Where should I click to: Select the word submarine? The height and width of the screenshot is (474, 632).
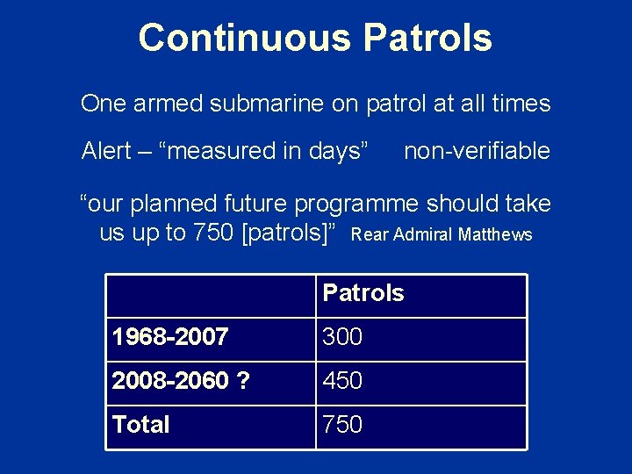click(x=267, y=104)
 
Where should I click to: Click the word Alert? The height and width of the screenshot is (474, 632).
click(x=105, y=151)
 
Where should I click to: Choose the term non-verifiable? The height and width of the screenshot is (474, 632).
click(x=477, y=151)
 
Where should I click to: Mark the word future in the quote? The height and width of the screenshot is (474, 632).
click(x=257, y=204)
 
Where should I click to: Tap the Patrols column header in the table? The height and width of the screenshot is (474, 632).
click(x=363, y=293)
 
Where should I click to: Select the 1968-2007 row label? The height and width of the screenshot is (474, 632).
click(x=170, y=336)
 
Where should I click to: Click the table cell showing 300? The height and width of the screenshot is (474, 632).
click(x=342, y=336)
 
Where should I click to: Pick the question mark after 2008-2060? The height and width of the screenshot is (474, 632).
click(x=242, y=381)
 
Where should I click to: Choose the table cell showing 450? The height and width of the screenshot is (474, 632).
click(x=342, y=381)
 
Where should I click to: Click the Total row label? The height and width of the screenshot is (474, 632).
click(x=140, y=425)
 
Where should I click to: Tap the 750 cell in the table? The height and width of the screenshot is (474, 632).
click(x=342, y=425)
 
